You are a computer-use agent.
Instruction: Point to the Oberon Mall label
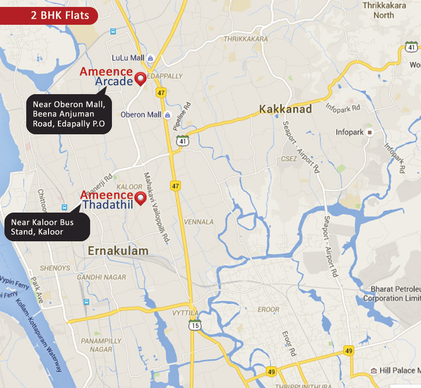pyautogui.click(x=141, y=114)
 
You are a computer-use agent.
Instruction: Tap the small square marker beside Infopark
pyautogui.click(x=369, y=132)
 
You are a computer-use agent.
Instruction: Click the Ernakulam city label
pyautogui.click(x=118, y=251)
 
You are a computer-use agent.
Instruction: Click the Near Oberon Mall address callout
pyautogui.click(x=69, y=114)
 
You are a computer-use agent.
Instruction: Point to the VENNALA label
pyautogui.click(x=198, y=222)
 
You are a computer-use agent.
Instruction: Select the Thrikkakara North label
pyautogui.click(x=384, y=10)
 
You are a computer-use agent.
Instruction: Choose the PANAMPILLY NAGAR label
pyautogui.click(x=101, y=345)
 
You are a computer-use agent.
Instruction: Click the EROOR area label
pyautogui.click(x=268, y=309)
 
